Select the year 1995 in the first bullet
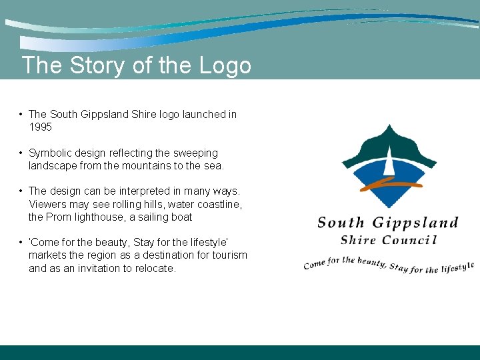tap(40, 127)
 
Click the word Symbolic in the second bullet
tap(50, 153)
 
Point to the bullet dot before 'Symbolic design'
tap(21, 153)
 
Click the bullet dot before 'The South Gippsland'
tap(21, 114)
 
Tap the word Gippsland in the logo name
tap(415, 223)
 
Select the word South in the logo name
tap(341, 223)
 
